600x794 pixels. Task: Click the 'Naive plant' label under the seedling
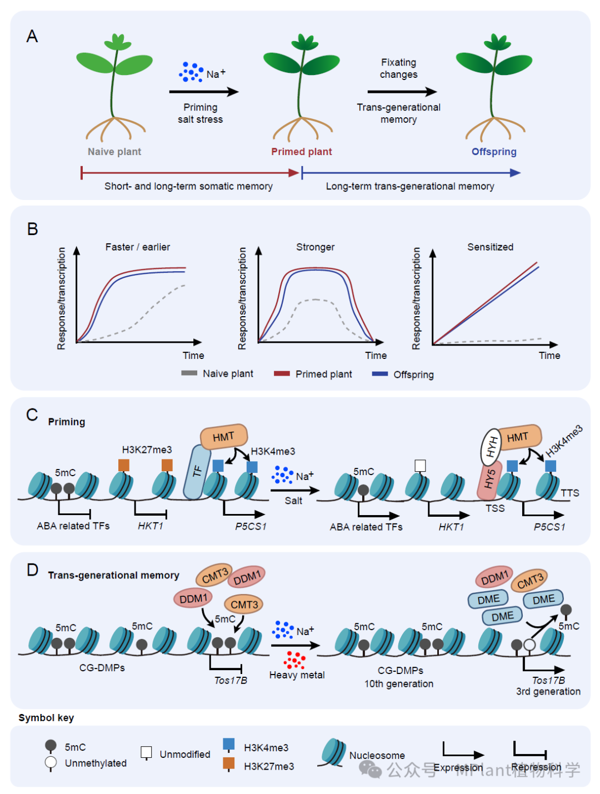point(114,152)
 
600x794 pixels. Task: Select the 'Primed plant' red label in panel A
point(301,152)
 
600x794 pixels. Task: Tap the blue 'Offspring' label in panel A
point(494,152)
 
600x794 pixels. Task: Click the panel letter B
point(33,229)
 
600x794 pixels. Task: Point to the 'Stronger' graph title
point(315,247)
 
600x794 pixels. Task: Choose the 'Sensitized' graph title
point(490,247)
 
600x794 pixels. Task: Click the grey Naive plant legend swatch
point(189,373)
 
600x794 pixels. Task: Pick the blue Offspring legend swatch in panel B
point(380,374)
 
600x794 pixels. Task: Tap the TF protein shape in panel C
point(197,472)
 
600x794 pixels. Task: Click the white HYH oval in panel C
point(491,447)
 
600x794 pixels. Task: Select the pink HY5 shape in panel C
point(489,479)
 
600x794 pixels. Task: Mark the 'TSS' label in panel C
point(495,508)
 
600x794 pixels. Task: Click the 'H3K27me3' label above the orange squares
point(147,450)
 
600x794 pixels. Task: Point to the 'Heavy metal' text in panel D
point(297,675)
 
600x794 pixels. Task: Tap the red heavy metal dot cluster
point(294,660)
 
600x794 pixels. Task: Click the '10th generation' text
point(399,684)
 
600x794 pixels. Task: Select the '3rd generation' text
point(548,692)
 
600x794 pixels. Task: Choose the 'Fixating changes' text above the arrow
point(398,68)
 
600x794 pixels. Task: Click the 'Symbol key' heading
point(46,718)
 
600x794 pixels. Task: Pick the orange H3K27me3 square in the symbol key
point(228,763)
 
